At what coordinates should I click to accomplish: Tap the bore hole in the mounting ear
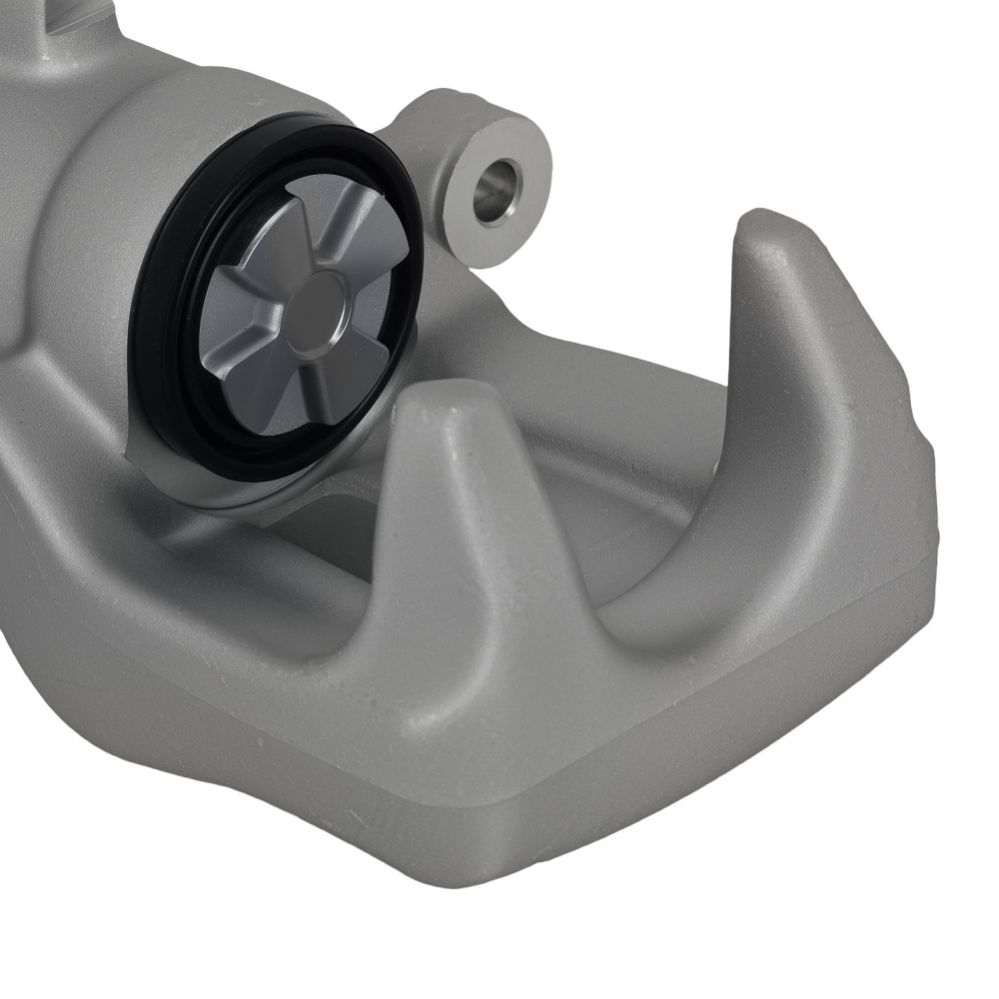click(x=497, y=190)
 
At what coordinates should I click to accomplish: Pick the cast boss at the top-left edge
click(x=60, y=25)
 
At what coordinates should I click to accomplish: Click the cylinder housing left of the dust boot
click(x=80, y=250)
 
